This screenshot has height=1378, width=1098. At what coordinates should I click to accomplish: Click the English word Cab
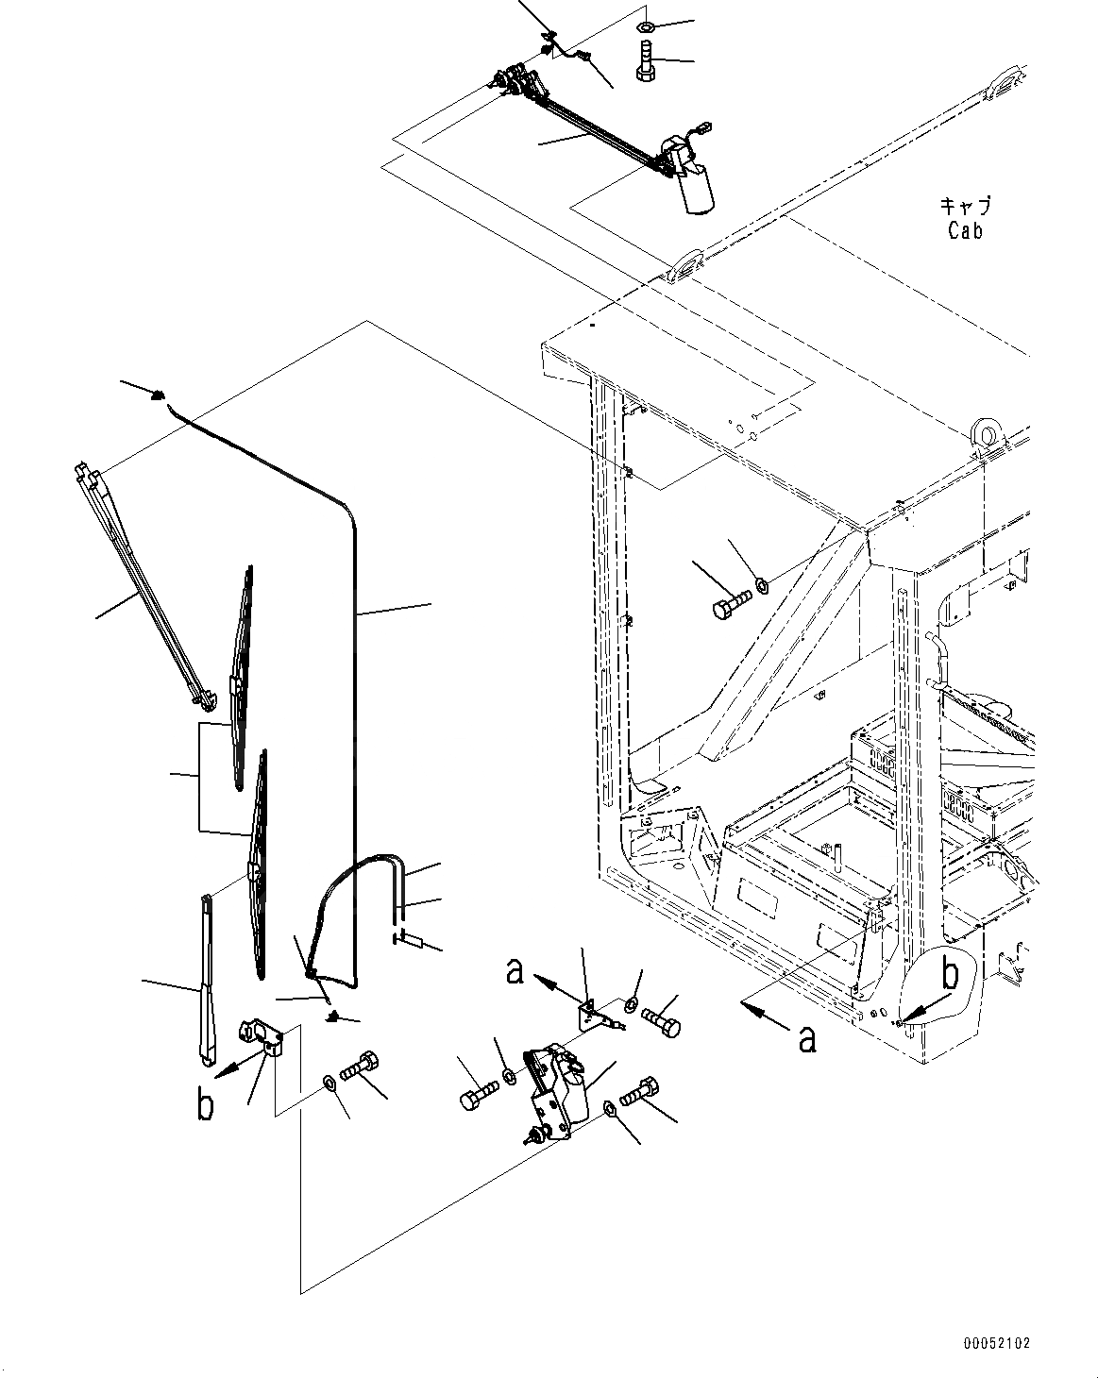pyautogui.click(x=965, y=229)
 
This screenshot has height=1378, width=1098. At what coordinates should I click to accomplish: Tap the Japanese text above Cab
pyautogui.click(x=965, y=205)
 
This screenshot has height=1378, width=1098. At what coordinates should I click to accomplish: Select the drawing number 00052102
pyautogui.click(x=998, y=1341)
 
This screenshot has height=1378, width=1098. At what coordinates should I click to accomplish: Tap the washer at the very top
pyautogui.click(x=645, y=23)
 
